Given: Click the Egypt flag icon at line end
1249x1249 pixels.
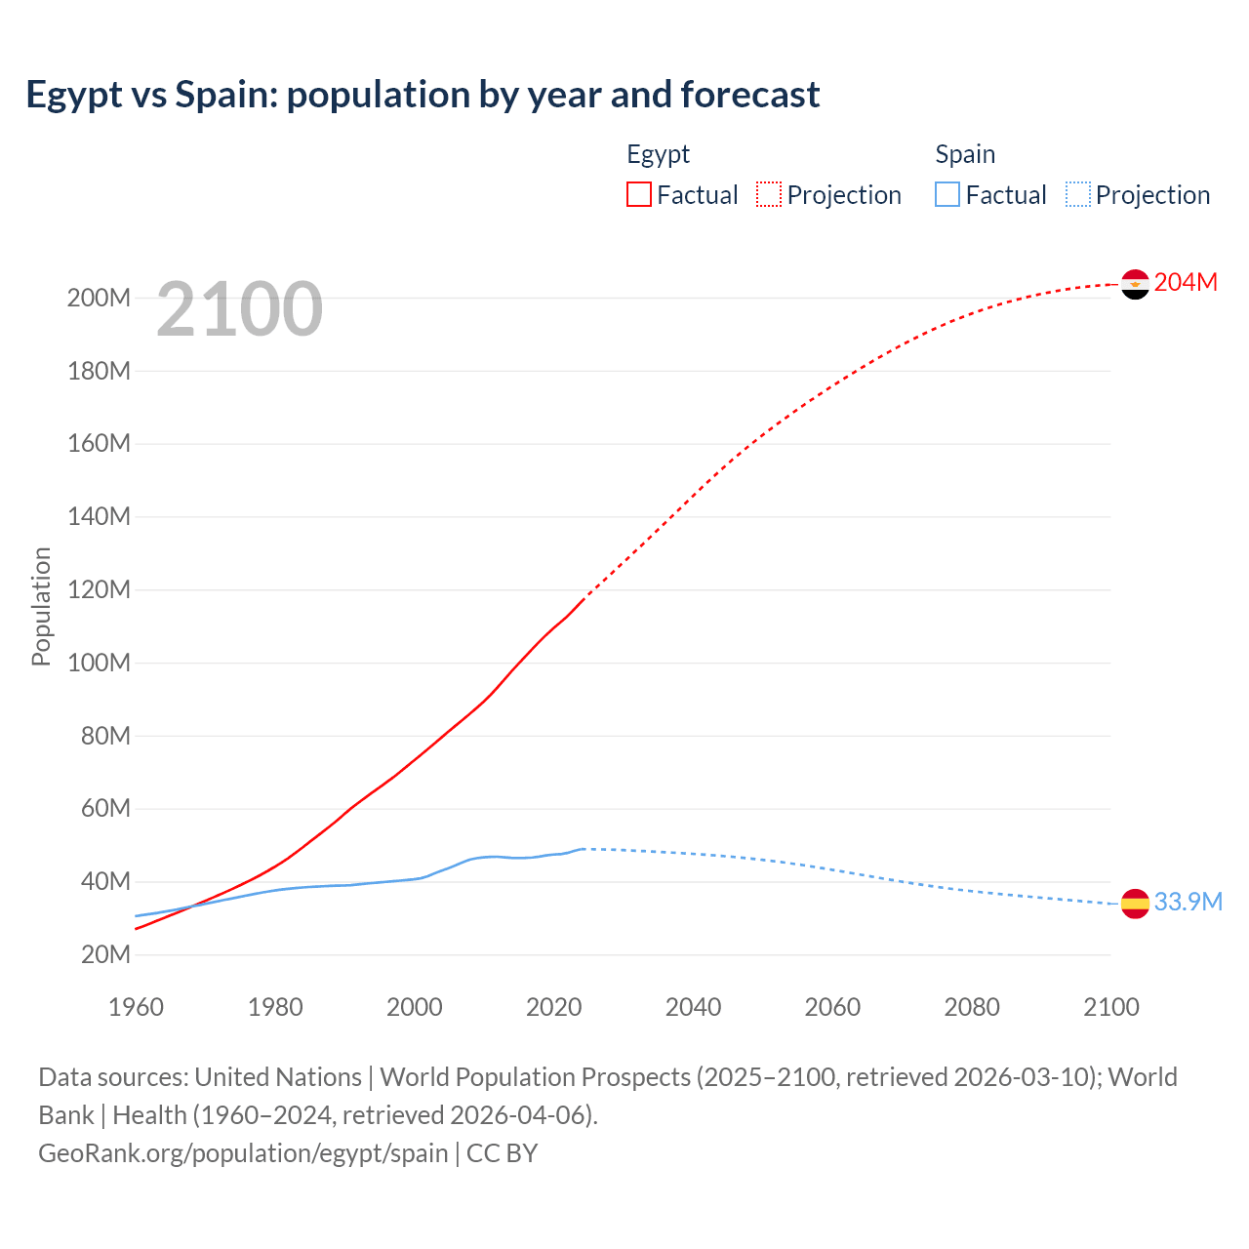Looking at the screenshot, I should (x=1135, y=284).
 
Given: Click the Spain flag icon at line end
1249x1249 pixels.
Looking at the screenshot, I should (x=1135, y=904).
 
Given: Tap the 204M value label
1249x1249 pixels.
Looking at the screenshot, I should (x=1186, y=283).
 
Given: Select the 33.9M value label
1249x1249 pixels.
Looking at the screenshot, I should (x=1188, y=903).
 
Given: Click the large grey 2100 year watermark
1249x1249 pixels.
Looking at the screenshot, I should (x=239, y=309).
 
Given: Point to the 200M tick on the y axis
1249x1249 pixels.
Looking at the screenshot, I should (x=99, y=299).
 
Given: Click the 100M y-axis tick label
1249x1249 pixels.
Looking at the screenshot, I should (x=99, y=664).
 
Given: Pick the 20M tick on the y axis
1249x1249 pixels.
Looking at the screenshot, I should (x=104, y=955).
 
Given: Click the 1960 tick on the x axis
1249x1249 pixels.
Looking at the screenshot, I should (x=136, y=1008).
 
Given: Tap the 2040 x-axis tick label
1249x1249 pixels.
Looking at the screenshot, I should (x=693, y=1008).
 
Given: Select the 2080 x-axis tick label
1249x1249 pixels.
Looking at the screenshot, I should (x=972, y=1008).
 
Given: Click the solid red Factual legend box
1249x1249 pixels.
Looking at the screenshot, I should (x=639, y=195).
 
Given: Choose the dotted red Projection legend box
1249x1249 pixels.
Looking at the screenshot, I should (x=769, y=195).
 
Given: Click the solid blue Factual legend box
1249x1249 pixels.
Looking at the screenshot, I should (x=947, y=195).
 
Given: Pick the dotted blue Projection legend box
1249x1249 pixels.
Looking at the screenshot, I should (x=1078, y=195).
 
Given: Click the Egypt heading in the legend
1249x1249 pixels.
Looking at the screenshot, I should (x=658, y=155).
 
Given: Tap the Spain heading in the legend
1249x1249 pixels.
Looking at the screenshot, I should (x=965, y=155).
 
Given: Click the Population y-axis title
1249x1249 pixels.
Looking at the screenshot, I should (x=41, y=606).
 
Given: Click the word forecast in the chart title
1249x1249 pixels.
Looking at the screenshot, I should (x=750, y=95).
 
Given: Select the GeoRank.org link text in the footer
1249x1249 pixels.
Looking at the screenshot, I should (x=243, y=1153).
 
